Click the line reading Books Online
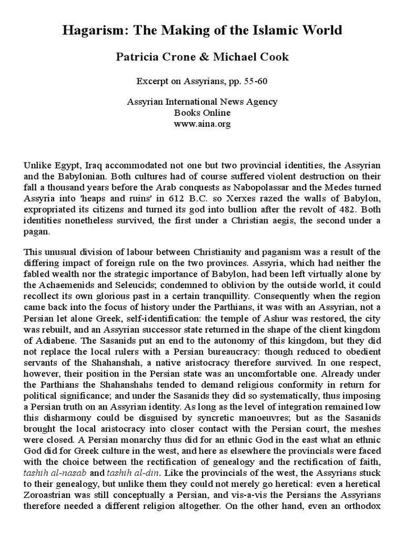[x=202, y=112]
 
